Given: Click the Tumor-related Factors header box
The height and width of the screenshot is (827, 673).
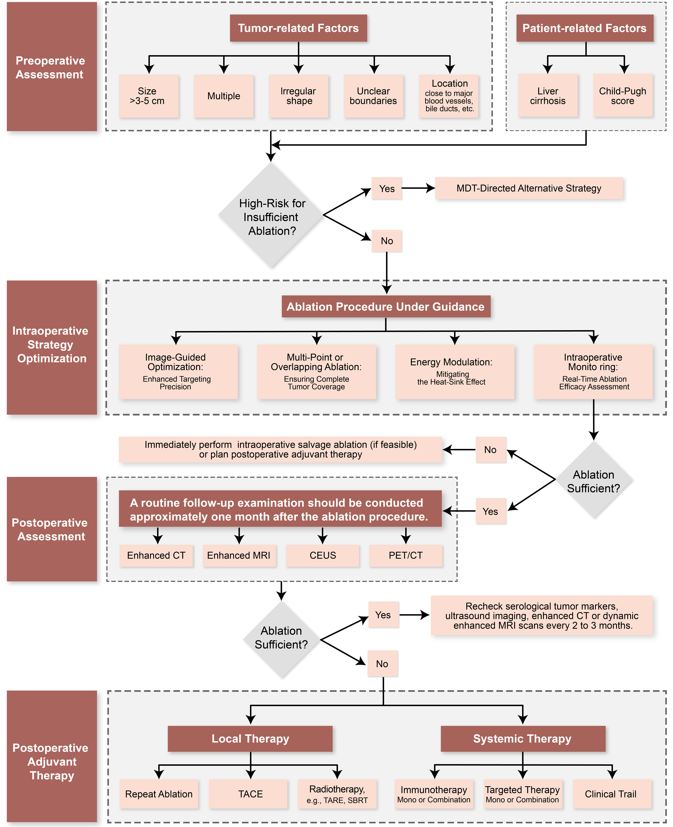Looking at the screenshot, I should coord(298,28).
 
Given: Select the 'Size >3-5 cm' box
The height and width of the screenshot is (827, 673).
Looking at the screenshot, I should coord(148,96).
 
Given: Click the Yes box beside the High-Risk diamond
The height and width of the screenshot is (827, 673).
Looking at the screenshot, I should coord(387,189).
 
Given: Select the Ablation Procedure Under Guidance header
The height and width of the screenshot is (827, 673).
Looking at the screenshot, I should coord(386,306).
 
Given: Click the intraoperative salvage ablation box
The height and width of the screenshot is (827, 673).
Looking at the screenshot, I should coord(280,450).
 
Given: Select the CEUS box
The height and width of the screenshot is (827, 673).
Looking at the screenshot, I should coord(323,555).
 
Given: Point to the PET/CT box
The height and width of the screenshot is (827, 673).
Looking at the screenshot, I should coord(405,555).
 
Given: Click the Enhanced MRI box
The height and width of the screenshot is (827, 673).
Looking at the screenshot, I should coord(239,555).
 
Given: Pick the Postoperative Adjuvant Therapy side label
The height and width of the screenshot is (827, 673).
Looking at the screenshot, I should coord(52,761).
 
